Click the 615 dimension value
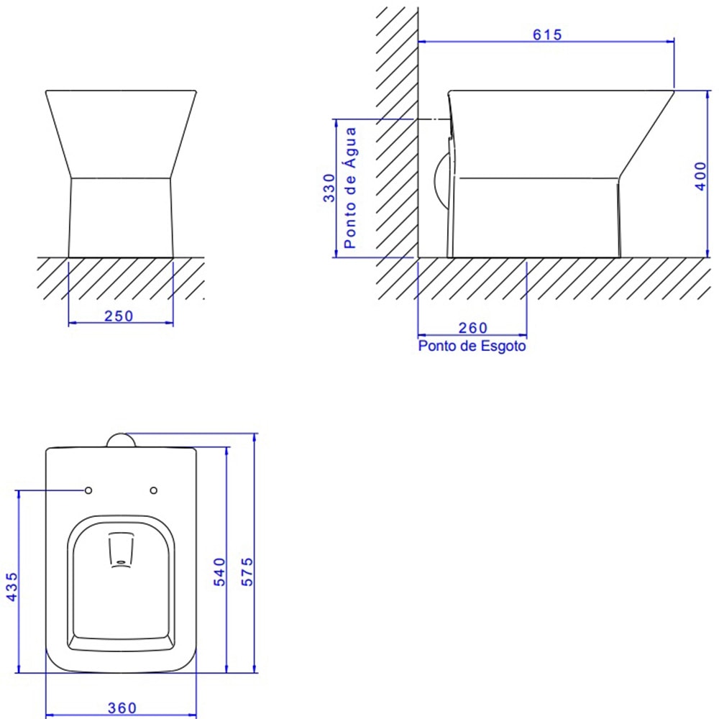pyautogui.click(x=547, y=35)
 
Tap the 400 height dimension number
pyautogui.click(x=700, y=176)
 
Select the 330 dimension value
pyautogui.click(x=329, y=188)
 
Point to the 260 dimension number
pyautogui.click(x=473, y=327)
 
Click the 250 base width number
pyautogui.click(x=119, y=316)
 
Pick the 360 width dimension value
pyautogui.click(x=122, y=708)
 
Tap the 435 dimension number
pyautogui.click(x=12, y=587)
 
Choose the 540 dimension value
pyautogui.click(x=219, y=572)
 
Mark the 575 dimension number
pyautogui.click(x=247, y=572)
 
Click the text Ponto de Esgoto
pyautogui.click(x=472, y=345)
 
